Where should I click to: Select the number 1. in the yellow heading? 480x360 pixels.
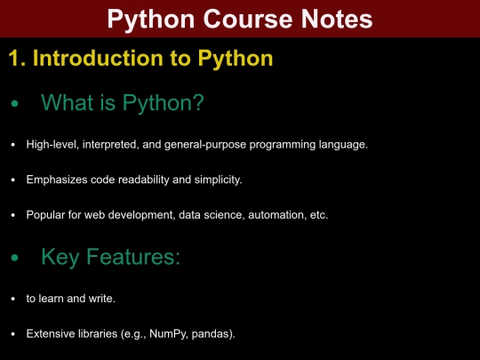pos(18,60)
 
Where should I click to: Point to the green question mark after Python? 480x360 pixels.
pos(198,104)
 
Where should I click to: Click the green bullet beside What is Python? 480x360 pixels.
pos(13,106)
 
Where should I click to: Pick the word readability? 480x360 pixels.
pos(146,180)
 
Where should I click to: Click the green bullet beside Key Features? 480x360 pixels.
pos(13,260)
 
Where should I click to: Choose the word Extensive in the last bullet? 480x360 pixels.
pos(52,334)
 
